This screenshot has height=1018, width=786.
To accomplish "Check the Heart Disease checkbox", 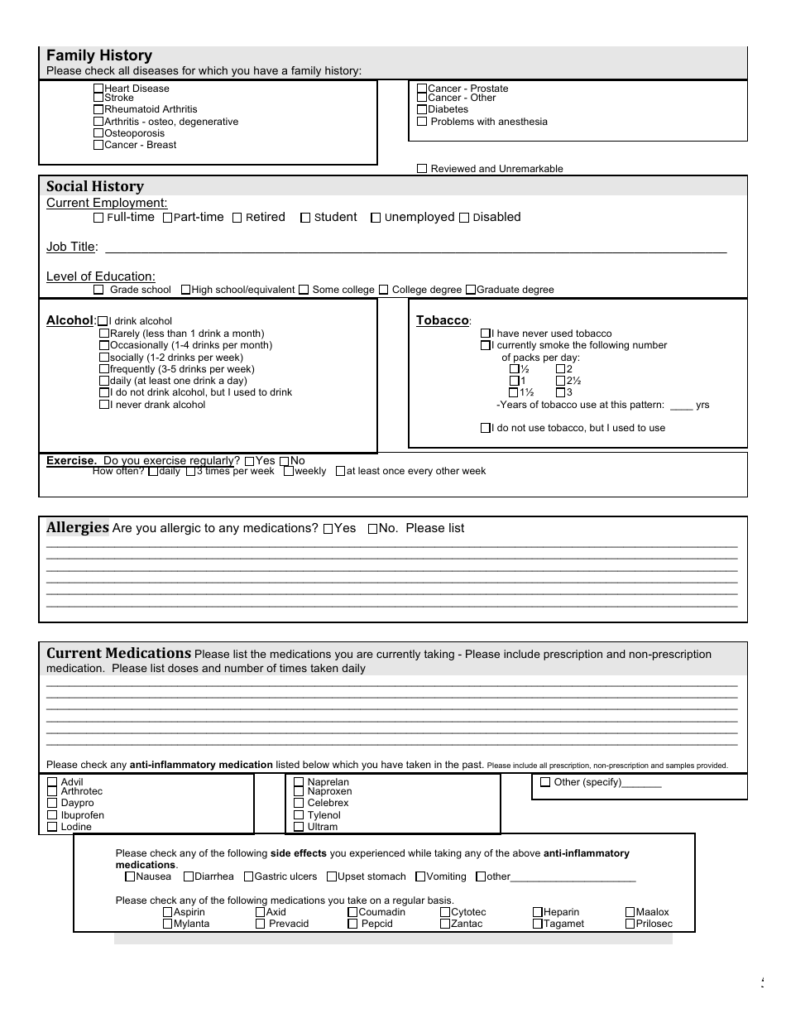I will [98, 89].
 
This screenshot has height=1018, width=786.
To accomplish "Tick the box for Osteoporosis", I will [98, 133].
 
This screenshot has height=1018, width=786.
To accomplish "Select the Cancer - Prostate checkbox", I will [422, 89].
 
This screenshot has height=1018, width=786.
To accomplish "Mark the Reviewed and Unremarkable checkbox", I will [423, 169].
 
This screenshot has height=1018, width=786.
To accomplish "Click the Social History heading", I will [94, 186].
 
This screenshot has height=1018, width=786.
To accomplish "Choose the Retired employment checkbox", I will [237, 218].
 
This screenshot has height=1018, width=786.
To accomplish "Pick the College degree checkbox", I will [383, 290].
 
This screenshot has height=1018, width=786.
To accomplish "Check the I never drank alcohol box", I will [104, 405].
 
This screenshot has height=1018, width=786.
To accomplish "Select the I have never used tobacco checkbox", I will [486, 334].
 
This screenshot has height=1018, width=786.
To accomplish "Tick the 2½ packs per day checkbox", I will [560, 381].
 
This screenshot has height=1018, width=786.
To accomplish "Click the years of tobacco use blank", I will [681, 406].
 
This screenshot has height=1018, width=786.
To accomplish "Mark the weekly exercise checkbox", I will [289, 471].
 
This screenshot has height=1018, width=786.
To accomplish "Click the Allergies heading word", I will [77, 528].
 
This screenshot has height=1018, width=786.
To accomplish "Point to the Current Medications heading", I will [118, 653].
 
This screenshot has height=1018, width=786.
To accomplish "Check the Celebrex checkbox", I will [299, 803].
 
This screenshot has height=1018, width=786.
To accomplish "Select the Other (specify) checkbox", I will [545, 782].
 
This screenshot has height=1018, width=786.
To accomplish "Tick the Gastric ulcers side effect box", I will [249, 876].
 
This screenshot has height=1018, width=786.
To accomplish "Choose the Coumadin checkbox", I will [353, 912].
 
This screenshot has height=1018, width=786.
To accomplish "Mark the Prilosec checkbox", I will [630, 924].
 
